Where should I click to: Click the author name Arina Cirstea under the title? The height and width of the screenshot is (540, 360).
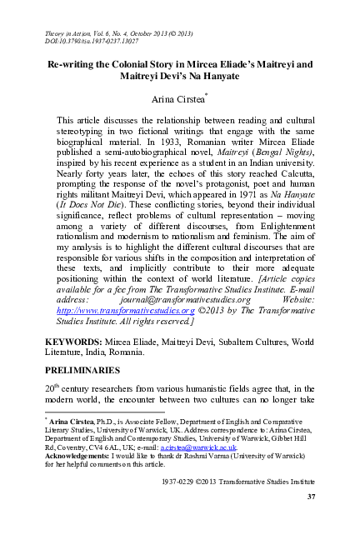[178, 99]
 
